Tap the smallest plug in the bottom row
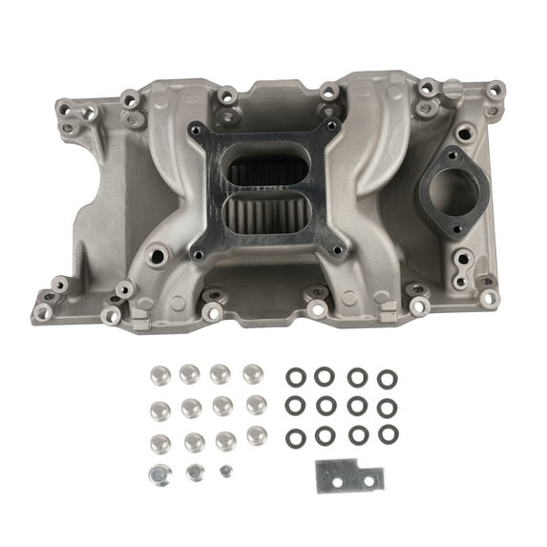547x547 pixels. click(226, 471)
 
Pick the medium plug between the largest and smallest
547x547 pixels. click(195, 473)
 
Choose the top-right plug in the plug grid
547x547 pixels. click(253, 373)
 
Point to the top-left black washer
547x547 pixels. click(296, 377)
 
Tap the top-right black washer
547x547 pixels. click(387, 379)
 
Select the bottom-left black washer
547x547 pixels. click(296, 438)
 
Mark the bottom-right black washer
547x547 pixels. click(387, 434)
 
